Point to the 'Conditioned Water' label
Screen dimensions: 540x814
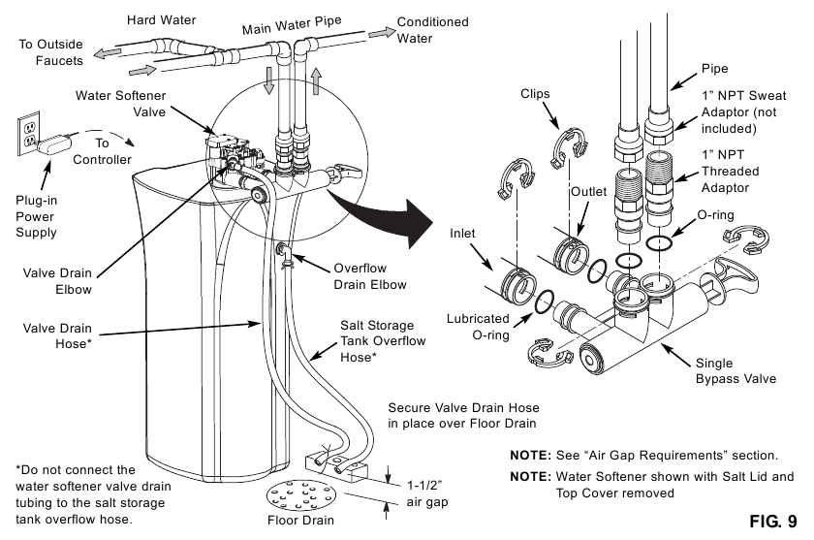coord(432,30)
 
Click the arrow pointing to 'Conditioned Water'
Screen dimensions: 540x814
coord(381,32)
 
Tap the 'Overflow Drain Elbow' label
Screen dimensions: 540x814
coord(369,275)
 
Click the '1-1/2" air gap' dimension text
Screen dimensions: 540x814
coord(429,492)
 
